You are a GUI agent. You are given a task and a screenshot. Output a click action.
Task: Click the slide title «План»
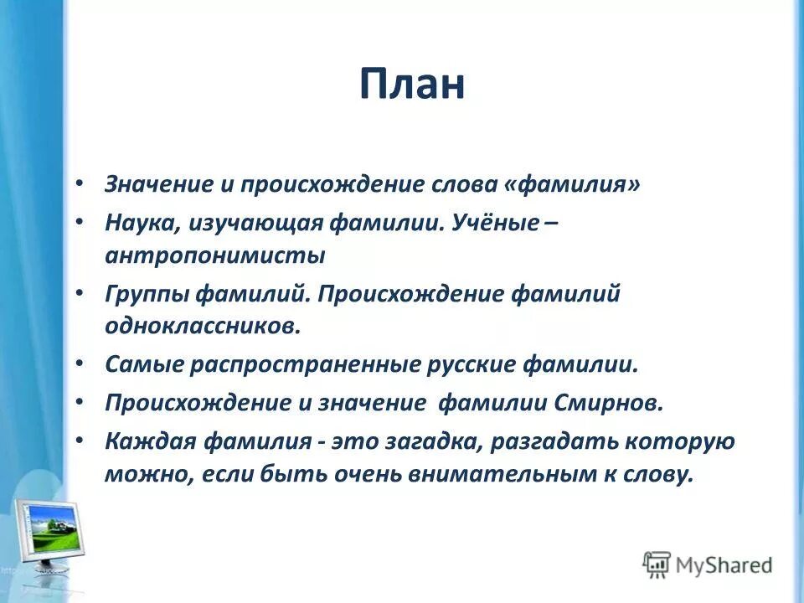[412, 85]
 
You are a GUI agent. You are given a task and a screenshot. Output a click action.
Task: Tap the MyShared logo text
[724, 565]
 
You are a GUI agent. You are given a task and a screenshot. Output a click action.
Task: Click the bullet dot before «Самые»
[79, 365]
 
